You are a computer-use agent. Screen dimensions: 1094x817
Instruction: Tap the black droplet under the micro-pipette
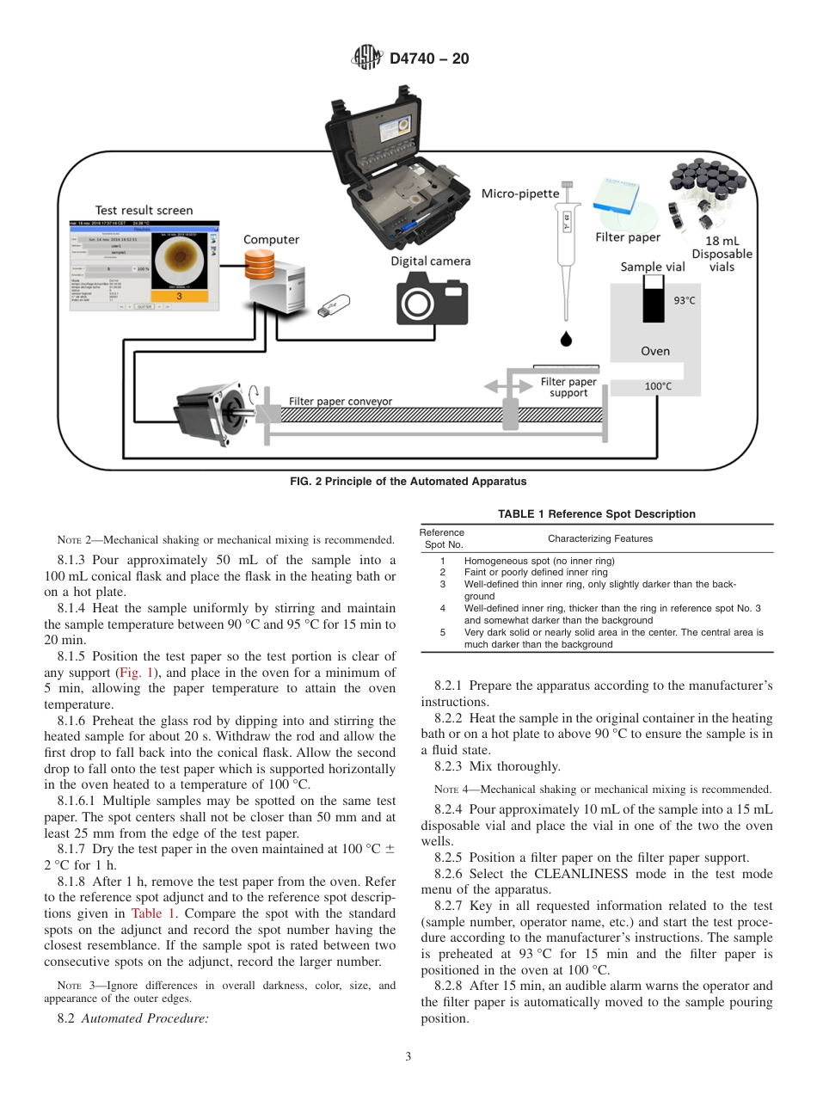565,338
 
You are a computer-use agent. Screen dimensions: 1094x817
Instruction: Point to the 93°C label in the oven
684,300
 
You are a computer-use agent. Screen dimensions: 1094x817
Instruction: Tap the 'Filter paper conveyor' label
341,401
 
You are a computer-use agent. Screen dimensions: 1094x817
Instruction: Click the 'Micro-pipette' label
519,193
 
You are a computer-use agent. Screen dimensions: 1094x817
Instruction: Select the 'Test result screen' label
144,210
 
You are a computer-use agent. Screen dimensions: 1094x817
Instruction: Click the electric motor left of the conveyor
206,411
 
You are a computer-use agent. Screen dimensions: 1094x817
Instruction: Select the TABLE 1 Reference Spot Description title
596,514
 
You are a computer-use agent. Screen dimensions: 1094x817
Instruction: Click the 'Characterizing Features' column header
599,538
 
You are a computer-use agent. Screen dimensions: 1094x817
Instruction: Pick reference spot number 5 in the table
442,632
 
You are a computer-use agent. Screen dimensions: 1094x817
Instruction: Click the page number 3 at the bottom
408,1057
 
